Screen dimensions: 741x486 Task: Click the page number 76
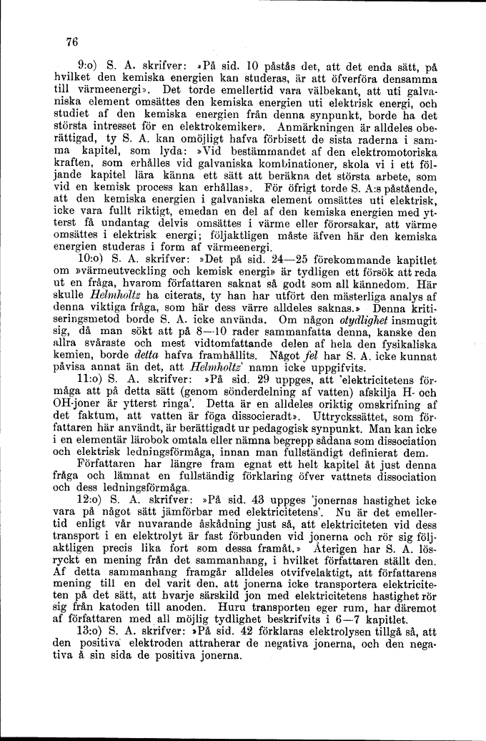[71, 42]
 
